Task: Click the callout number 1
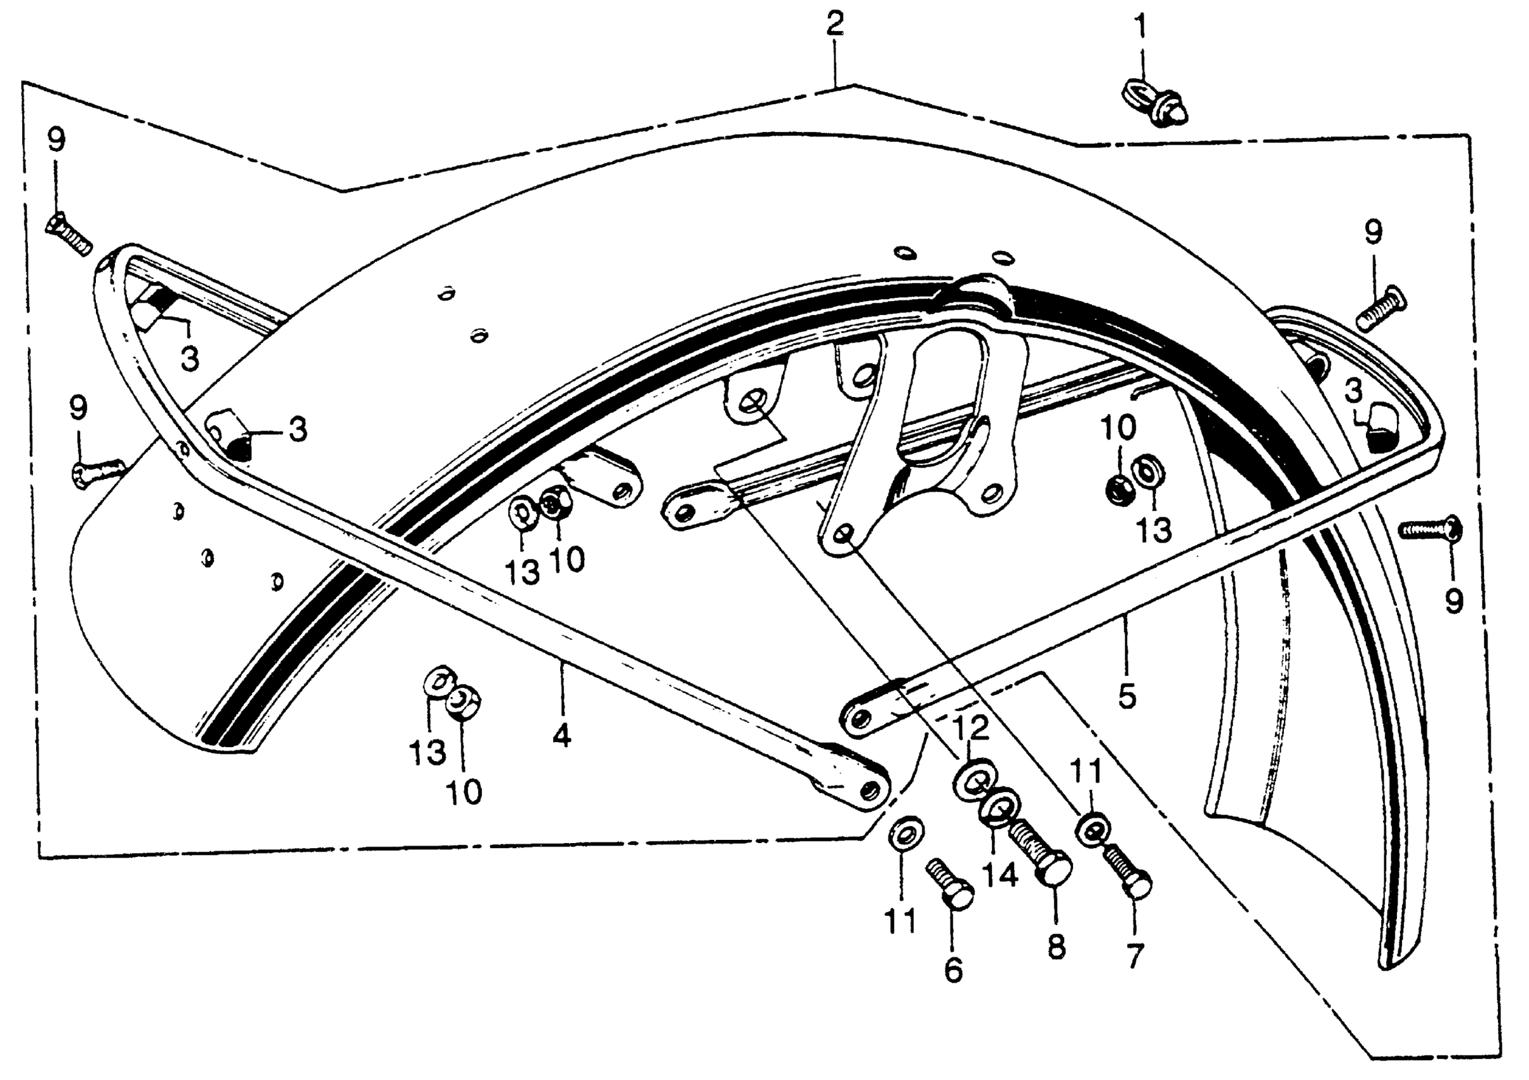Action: coord(1141,27)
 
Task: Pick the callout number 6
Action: coord(954,970)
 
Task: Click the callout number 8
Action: coord(1057,947)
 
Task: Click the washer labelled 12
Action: coord(973,780)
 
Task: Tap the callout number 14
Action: coord(1000,874)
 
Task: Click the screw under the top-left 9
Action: coord(67,234)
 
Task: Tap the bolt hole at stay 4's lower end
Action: coord(868,790)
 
